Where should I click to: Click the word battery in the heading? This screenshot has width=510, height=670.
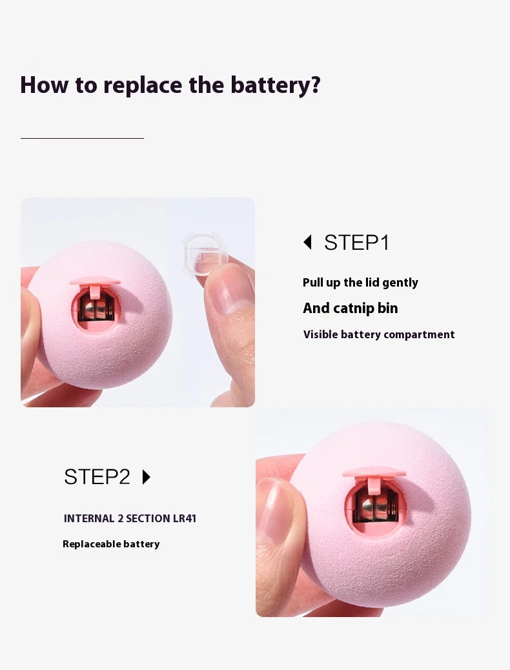tap(275, 85)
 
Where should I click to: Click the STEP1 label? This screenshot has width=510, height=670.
tap(356, 243)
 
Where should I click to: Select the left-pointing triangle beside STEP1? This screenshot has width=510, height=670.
tap(307, 242)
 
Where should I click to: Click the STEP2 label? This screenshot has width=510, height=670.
tap(97, 477)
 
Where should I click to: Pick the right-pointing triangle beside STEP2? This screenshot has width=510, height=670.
tap(146, 477)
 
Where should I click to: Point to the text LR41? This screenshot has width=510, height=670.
tap(185, 518)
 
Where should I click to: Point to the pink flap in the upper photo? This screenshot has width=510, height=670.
tap(96, 281)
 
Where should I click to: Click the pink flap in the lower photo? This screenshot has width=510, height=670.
tap(374, 473)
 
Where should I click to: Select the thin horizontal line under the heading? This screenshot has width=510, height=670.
tap(82, 138)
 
